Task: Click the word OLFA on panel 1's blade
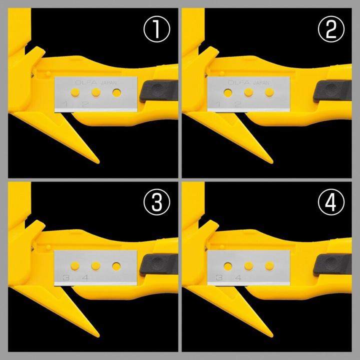84,81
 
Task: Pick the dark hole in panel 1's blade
117,92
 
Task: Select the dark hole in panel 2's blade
228,92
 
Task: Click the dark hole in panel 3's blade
117,265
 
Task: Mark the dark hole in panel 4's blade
228,265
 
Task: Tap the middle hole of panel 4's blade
248,265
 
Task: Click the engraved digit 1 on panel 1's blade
65,104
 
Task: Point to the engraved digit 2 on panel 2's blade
238,104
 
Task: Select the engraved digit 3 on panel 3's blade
65,277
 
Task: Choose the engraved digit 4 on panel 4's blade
238,277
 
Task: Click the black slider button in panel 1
159,92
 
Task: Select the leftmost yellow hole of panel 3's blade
75,265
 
